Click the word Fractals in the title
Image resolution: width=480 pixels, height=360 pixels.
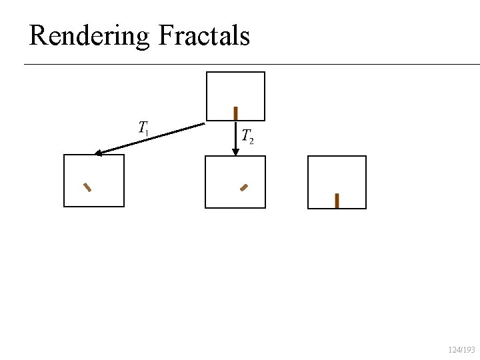pyautogui.click(x=204, y=35)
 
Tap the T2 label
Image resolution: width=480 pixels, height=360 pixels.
pyautogui.click(x=247, y=137)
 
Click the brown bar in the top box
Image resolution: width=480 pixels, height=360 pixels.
pyautogui.click(x=235, y=113)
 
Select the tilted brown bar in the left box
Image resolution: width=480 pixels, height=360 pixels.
pyautogui.click(x=87, y=187)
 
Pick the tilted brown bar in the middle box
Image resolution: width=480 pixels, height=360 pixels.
pyautogui.click(x=244, y=187)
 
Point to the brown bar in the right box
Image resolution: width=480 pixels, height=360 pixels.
pyautogui.click(x=337, y=201)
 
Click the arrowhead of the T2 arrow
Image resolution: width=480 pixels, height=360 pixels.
pyautogui.click(x=235, y=152)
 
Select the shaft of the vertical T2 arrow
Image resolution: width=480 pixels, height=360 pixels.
pyautogui.click(x=235, y=133)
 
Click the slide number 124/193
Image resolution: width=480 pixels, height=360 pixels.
pyautogui.click(x=461, y=350)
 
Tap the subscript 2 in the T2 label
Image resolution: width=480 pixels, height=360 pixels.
pyautogui.click(x=251, y=141)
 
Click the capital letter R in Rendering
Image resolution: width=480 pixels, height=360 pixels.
pyautogui.click(x=37, y=35)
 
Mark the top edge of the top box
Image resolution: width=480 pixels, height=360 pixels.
pyautogui.click(x=235, y=72)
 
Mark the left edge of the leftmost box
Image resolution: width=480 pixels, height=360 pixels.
pyautogui.click(x=64, y=181)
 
